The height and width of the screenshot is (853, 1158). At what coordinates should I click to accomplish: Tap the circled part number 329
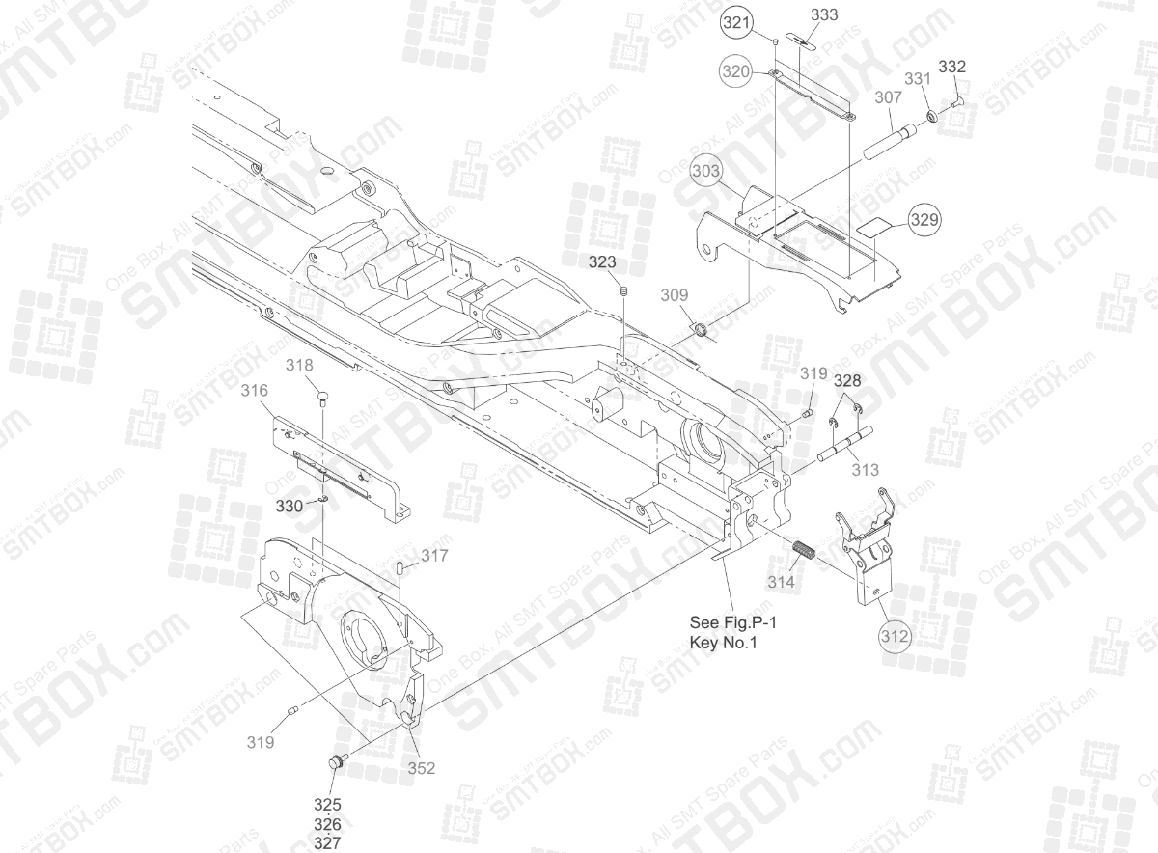(923, 220)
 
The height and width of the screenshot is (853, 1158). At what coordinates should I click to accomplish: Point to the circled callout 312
(895, 637)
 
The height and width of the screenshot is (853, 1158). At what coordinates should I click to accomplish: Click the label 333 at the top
(824, 15)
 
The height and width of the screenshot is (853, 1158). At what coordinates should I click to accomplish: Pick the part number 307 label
(888, 97)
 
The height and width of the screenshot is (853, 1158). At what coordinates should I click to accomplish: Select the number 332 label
(951, 67)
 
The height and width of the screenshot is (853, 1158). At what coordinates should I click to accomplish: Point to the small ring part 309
(703, 331)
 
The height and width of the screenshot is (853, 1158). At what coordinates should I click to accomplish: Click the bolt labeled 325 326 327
(337, 762)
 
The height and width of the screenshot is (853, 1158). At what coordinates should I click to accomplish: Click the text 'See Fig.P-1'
(732, 622)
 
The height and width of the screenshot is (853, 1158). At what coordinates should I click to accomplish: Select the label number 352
(421, 768)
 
